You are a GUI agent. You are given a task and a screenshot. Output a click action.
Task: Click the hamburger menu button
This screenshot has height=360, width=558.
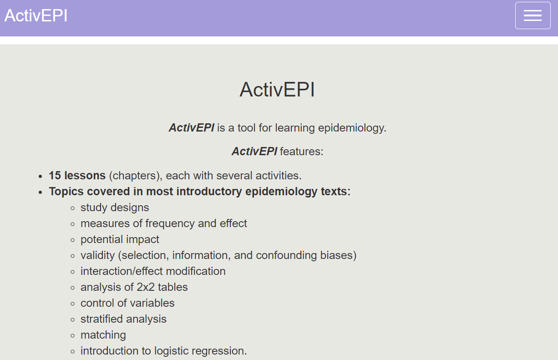pos(533,15)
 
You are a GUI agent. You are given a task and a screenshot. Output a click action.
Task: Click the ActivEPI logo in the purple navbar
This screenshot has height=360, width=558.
pos(36,15)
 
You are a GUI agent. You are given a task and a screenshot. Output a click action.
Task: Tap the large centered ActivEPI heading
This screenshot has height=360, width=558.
pos(277,90)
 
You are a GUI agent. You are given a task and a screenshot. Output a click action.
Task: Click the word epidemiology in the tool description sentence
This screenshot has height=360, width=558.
pos(352,128)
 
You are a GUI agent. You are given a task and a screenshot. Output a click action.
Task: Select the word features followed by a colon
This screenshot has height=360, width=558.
pos(302,152)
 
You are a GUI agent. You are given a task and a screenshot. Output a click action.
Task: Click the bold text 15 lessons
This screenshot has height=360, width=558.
pos(77,175)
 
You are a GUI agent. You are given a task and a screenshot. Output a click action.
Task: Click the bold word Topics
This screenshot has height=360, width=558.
pos(66,192)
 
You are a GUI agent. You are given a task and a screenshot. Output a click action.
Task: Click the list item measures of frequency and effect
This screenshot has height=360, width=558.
pos(164,223)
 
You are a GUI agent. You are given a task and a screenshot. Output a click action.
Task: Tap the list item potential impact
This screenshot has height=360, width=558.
pos(120,240)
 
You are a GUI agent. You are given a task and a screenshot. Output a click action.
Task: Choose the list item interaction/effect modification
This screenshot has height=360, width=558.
pos(153,271)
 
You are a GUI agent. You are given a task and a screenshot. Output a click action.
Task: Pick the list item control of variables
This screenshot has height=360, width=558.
pos(127,303)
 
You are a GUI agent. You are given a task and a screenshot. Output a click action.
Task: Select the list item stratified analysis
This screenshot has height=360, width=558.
pos(123,319)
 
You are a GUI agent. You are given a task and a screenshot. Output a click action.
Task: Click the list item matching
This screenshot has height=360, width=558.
pos(103,335)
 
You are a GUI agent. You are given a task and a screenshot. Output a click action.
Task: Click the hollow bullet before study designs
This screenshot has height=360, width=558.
pos(72,208)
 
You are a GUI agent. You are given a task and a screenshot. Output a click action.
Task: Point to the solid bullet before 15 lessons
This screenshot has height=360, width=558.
pos(41,177)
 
